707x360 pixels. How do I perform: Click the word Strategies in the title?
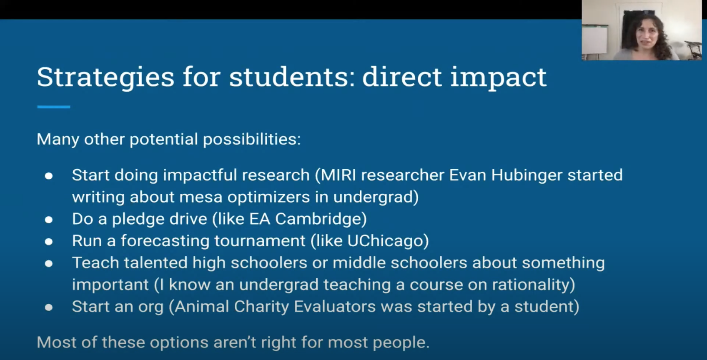point(105,77)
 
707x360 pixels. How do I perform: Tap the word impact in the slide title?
point(499,77)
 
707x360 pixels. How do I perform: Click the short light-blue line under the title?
point(54,107)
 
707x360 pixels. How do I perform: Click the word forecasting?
point(165,241)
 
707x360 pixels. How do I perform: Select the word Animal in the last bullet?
point(202,306)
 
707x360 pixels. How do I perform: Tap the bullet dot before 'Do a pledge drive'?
point(49,220)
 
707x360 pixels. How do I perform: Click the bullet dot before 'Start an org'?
point(49,307)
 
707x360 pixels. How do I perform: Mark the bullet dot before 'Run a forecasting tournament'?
point(49,242)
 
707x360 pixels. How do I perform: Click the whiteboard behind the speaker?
point(594,40)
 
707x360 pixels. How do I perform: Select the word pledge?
point(138,219)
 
